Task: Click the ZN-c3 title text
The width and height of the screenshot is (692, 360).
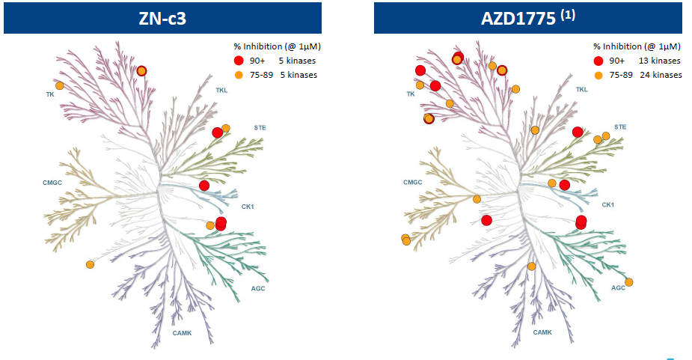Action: (162, 18)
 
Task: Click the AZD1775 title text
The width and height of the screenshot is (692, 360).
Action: (518, 18)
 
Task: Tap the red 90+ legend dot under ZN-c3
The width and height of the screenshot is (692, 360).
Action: (239, 61)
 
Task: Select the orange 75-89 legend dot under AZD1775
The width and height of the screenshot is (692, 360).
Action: (598, 75)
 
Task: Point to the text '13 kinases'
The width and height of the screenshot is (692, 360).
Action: (659, 61)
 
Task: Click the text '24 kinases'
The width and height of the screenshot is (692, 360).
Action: (661, 75)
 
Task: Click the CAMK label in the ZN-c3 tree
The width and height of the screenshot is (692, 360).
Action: (182, 333)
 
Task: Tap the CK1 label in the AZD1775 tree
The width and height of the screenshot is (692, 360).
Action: (607, 205)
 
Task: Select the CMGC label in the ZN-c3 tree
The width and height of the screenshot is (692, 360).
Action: (52, 183)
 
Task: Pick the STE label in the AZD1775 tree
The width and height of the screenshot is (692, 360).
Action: (620, 126)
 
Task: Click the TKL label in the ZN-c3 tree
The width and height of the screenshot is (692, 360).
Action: (221, 90)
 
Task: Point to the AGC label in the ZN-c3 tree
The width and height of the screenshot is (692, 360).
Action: (258, 288)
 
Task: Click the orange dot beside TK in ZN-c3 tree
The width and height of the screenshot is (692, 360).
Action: (59, 85)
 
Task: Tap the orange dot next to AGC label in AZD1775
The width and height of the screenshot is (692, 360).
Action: (629, 282)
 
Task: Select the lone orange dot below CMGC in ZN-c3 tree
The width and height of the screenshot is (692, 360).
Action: (90, 265)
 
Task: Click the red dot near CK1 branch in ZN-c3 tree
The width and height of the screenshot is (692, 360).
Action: (204, 186)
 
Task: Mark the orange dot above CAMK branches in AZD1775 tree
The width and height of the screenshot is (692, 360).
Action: (531, 266)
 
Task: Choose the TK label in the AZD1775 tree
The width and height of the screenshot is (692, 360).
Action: (411, 94)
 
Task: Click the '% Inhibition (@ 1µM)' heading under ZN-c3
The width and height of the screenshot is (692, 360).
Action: (277, 46)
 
